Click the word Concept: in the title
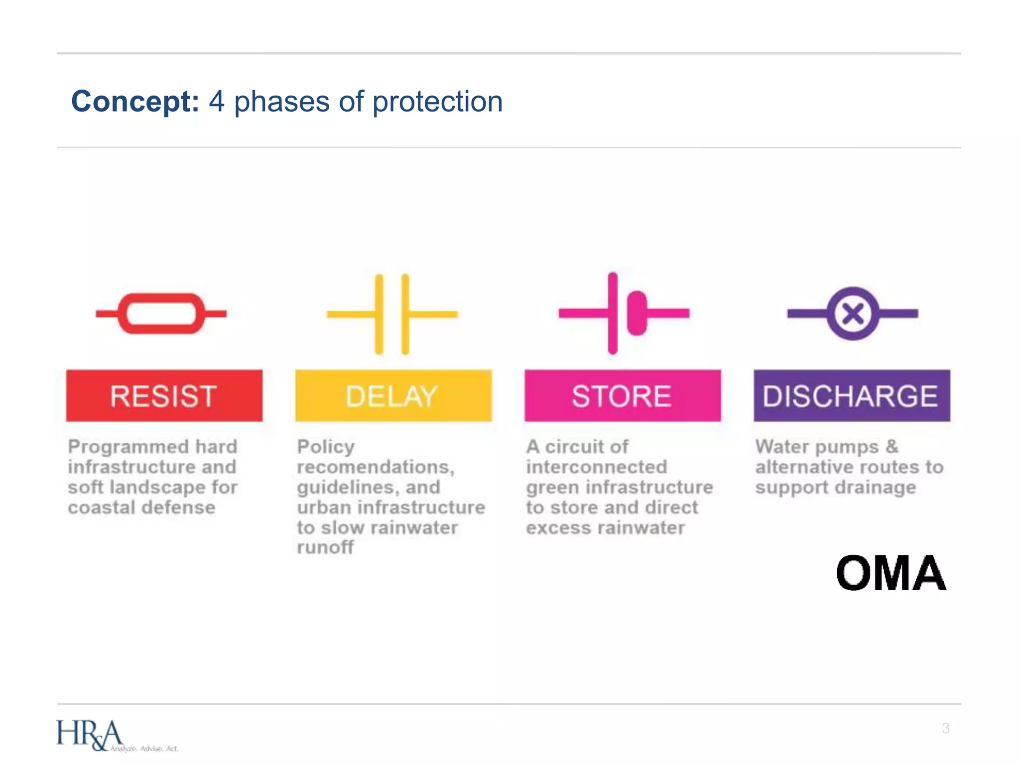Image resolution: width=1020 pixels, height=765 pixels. click(135, 102)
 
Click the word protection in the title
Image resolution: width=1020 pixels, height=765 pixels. click(437, 103)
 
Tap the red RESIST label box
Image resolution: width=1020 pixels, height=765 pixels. click(164, 396)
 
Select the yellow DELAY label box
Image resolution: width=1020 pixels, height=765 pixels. click(393, 396)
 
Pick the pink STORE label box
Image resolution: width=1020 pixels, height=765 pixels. click(622, 396)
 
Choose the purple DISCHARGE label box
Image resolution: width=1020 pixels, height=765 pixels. click(851, 396)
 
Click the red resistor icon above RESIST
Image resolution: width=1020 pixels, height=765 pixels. click(161, 313)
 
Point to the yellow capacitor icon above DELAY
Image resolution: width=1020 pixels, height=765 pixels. click(392, 314)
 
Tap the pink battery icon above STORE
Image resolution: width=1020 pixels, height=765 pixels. click(624, 313)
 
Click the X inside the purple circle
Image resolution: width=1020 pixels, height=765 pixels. click(853, 314)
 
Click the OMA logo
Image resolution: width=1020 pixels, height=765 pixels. click(891, 573)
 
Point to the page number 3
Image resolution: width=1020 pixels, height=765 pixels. click(945, 728)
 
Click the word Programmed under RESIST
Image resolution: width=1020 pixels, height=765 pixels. click(128, 447)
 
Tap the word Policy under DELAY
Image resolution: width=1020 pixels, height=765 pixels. click(326, 447)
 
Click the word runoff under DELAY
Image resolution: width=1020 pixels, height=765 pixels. click(325, 547)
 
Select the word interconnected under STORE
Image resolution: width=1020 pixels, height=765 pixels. click(596, 467)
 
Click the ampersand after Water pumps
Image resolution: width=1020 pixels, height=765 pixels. click(892, 446)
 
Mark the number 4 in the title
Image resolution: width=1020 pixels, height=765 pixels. click(217, 102)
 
